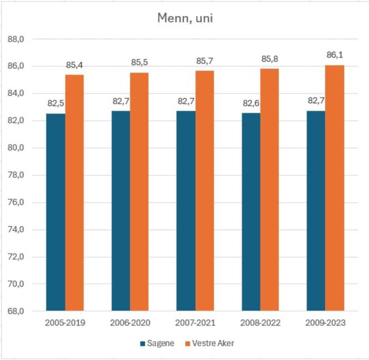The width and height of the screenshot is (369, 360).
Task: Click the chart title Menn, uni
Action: (x=185, y=18)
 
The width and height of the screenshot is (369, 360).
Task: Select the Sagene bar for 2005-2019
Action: (x=55, y=212)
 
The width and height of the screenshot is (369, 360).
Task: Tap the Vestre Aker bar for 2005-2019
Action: (x=74, y=193)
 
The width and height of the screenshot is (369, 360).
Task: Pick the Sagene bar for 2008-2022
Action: (x=251, y=212)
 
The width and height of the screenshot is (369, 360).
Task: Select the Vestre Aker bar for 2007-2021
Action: (x=205, y=191)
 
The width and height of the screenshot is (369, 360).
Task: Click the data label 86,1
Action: (x=335, y=55)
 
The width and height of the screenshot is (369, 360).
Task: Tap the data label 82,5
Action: (x=55, y=104)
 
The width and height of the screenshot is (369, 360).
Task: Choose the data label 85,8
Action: (x=269, y=59)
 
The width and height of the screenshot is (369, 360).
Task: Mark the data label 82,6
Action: (x=251, y=103)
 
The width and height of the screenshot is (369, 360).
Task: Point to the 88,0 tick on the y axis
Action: (x=17, y=39)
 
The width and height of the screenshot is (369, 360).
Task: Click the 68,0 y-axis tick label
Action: (x=17, y=312)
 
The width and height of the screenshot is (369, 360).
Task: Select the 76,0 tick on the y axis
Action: (x=17, y=203)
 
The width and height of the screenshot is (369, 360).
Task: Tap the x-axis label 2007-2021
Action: (x=196, y=323)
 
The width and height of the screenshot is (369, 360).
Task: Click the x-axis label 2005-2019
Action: (x=65, y=323)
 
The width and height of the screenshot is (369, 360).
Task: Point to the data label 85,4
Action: (x=74, y=65)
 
